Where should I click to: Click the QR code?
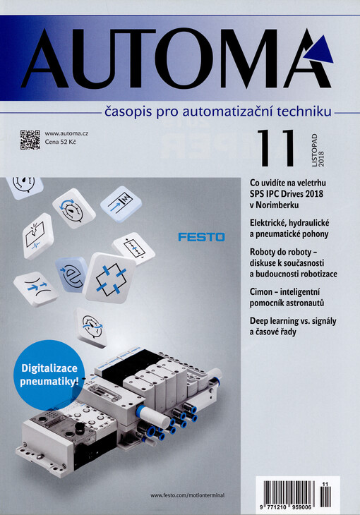point(30,140)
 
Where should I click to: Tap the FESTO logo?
point(201,237)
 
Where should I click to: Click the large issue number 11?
point(275,148)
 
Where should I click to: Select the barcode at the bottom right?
point(297,495)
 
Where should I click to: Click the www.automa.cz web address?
point(66,133)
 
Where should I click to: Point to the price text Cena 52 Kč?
point(60,143)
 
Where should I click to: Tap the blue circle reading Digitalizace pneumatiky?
point(49,375)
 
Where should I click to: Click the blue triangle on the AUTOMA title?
point(320,50)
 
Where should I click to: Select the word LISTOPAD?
point(315,150)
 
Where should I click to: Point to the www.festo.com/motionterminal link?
point(187,495)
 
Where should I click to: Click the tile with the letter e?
point(72,274)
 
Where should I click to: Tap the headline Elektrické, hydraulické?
point(289,224)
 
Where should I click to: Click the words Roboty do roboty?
point(280,253)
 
